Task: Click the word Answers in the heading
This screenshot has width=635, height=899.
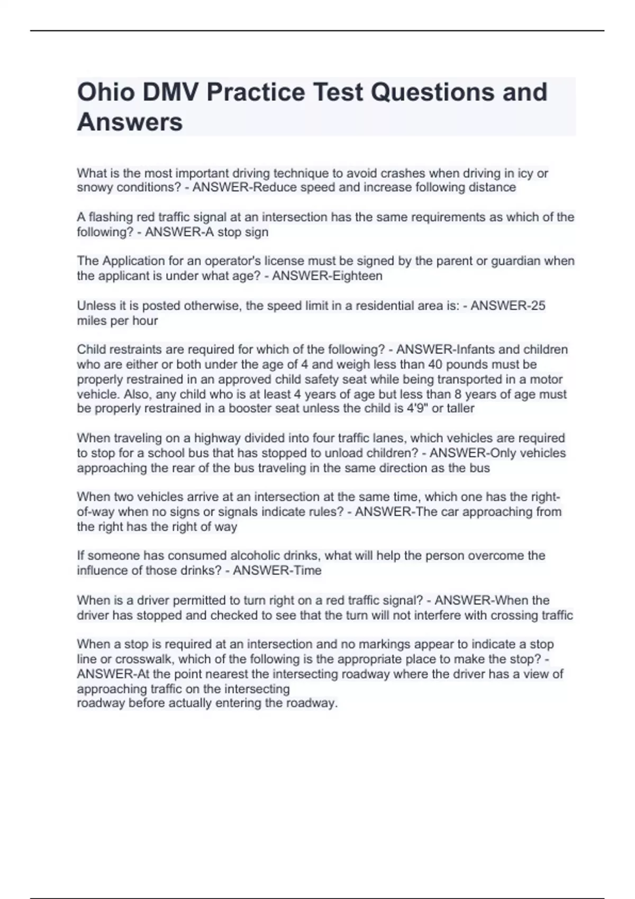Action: (x=130, y=122)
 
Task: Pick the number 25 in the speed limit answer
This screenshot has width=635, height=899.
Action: (x=537, y=306)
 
